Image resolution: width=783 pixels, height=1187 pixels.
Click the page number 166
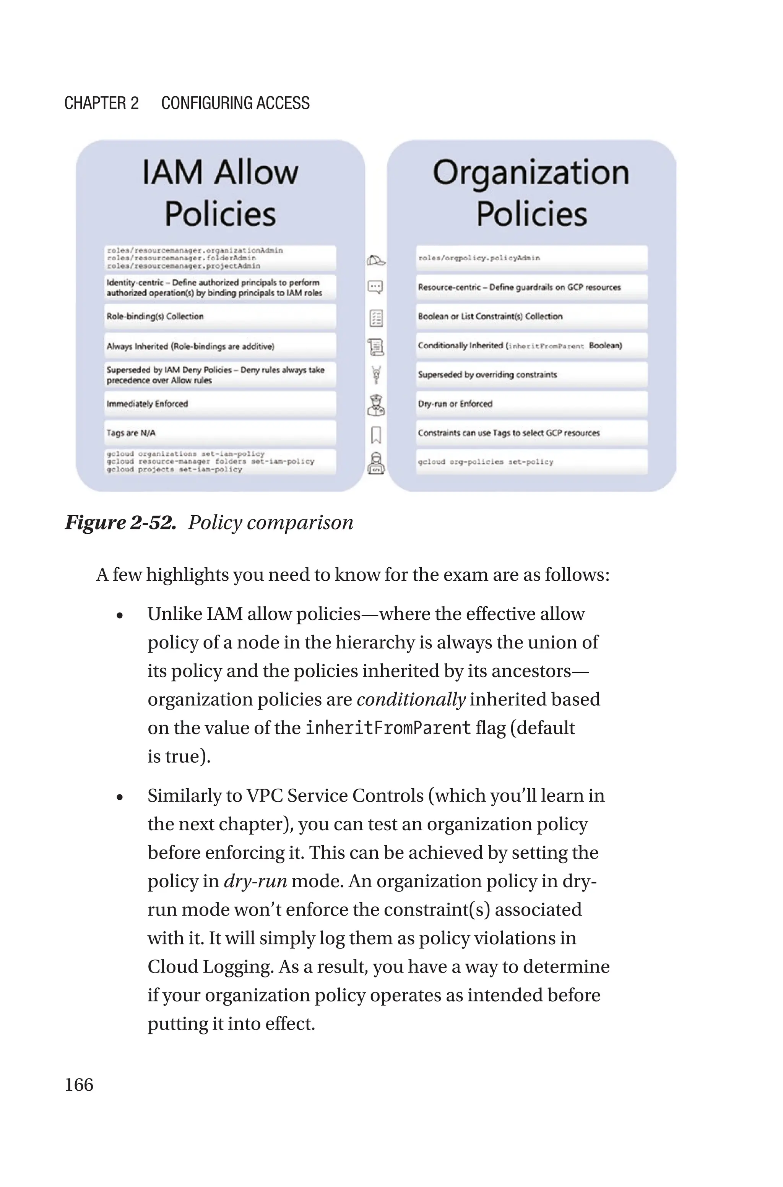point(79,1084)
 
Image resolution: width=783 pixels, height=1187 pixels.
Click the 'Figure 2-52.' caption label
point(120,523)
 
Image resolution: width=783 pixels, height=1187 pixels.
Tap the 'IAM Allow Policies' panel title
point(220,193)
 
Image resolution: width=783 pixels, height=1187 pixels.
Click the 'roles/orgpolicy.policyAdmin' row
point(531,258)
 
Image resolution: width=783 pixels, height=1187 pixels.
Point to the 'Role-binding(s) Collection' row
point(220,317)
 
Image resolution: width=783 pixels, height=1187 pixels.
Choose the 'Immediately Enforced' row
point(220,404)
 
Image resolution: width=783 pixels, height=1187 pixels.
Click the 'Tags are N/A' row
point(220,433)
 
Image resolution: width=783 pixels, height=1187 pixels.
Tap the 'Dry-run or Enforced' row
point(531,404)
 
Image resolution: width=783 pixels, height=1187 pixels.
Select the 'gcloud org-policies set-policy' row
point(531,462)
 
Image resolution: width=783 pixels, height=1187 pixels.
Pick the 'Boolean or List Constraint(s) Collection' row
point(531,317)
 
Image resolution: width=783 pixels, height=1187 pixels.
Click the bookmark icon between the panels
point(376,435)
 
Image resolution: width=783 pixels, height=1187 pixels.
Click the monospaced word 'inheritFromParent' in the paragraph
point(388,728)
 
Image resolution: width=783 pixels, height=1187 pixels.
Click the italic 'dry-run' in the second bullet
point(255,881)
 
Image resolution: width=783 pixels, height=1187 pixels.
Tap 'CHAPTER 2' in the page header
point(101,103)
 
